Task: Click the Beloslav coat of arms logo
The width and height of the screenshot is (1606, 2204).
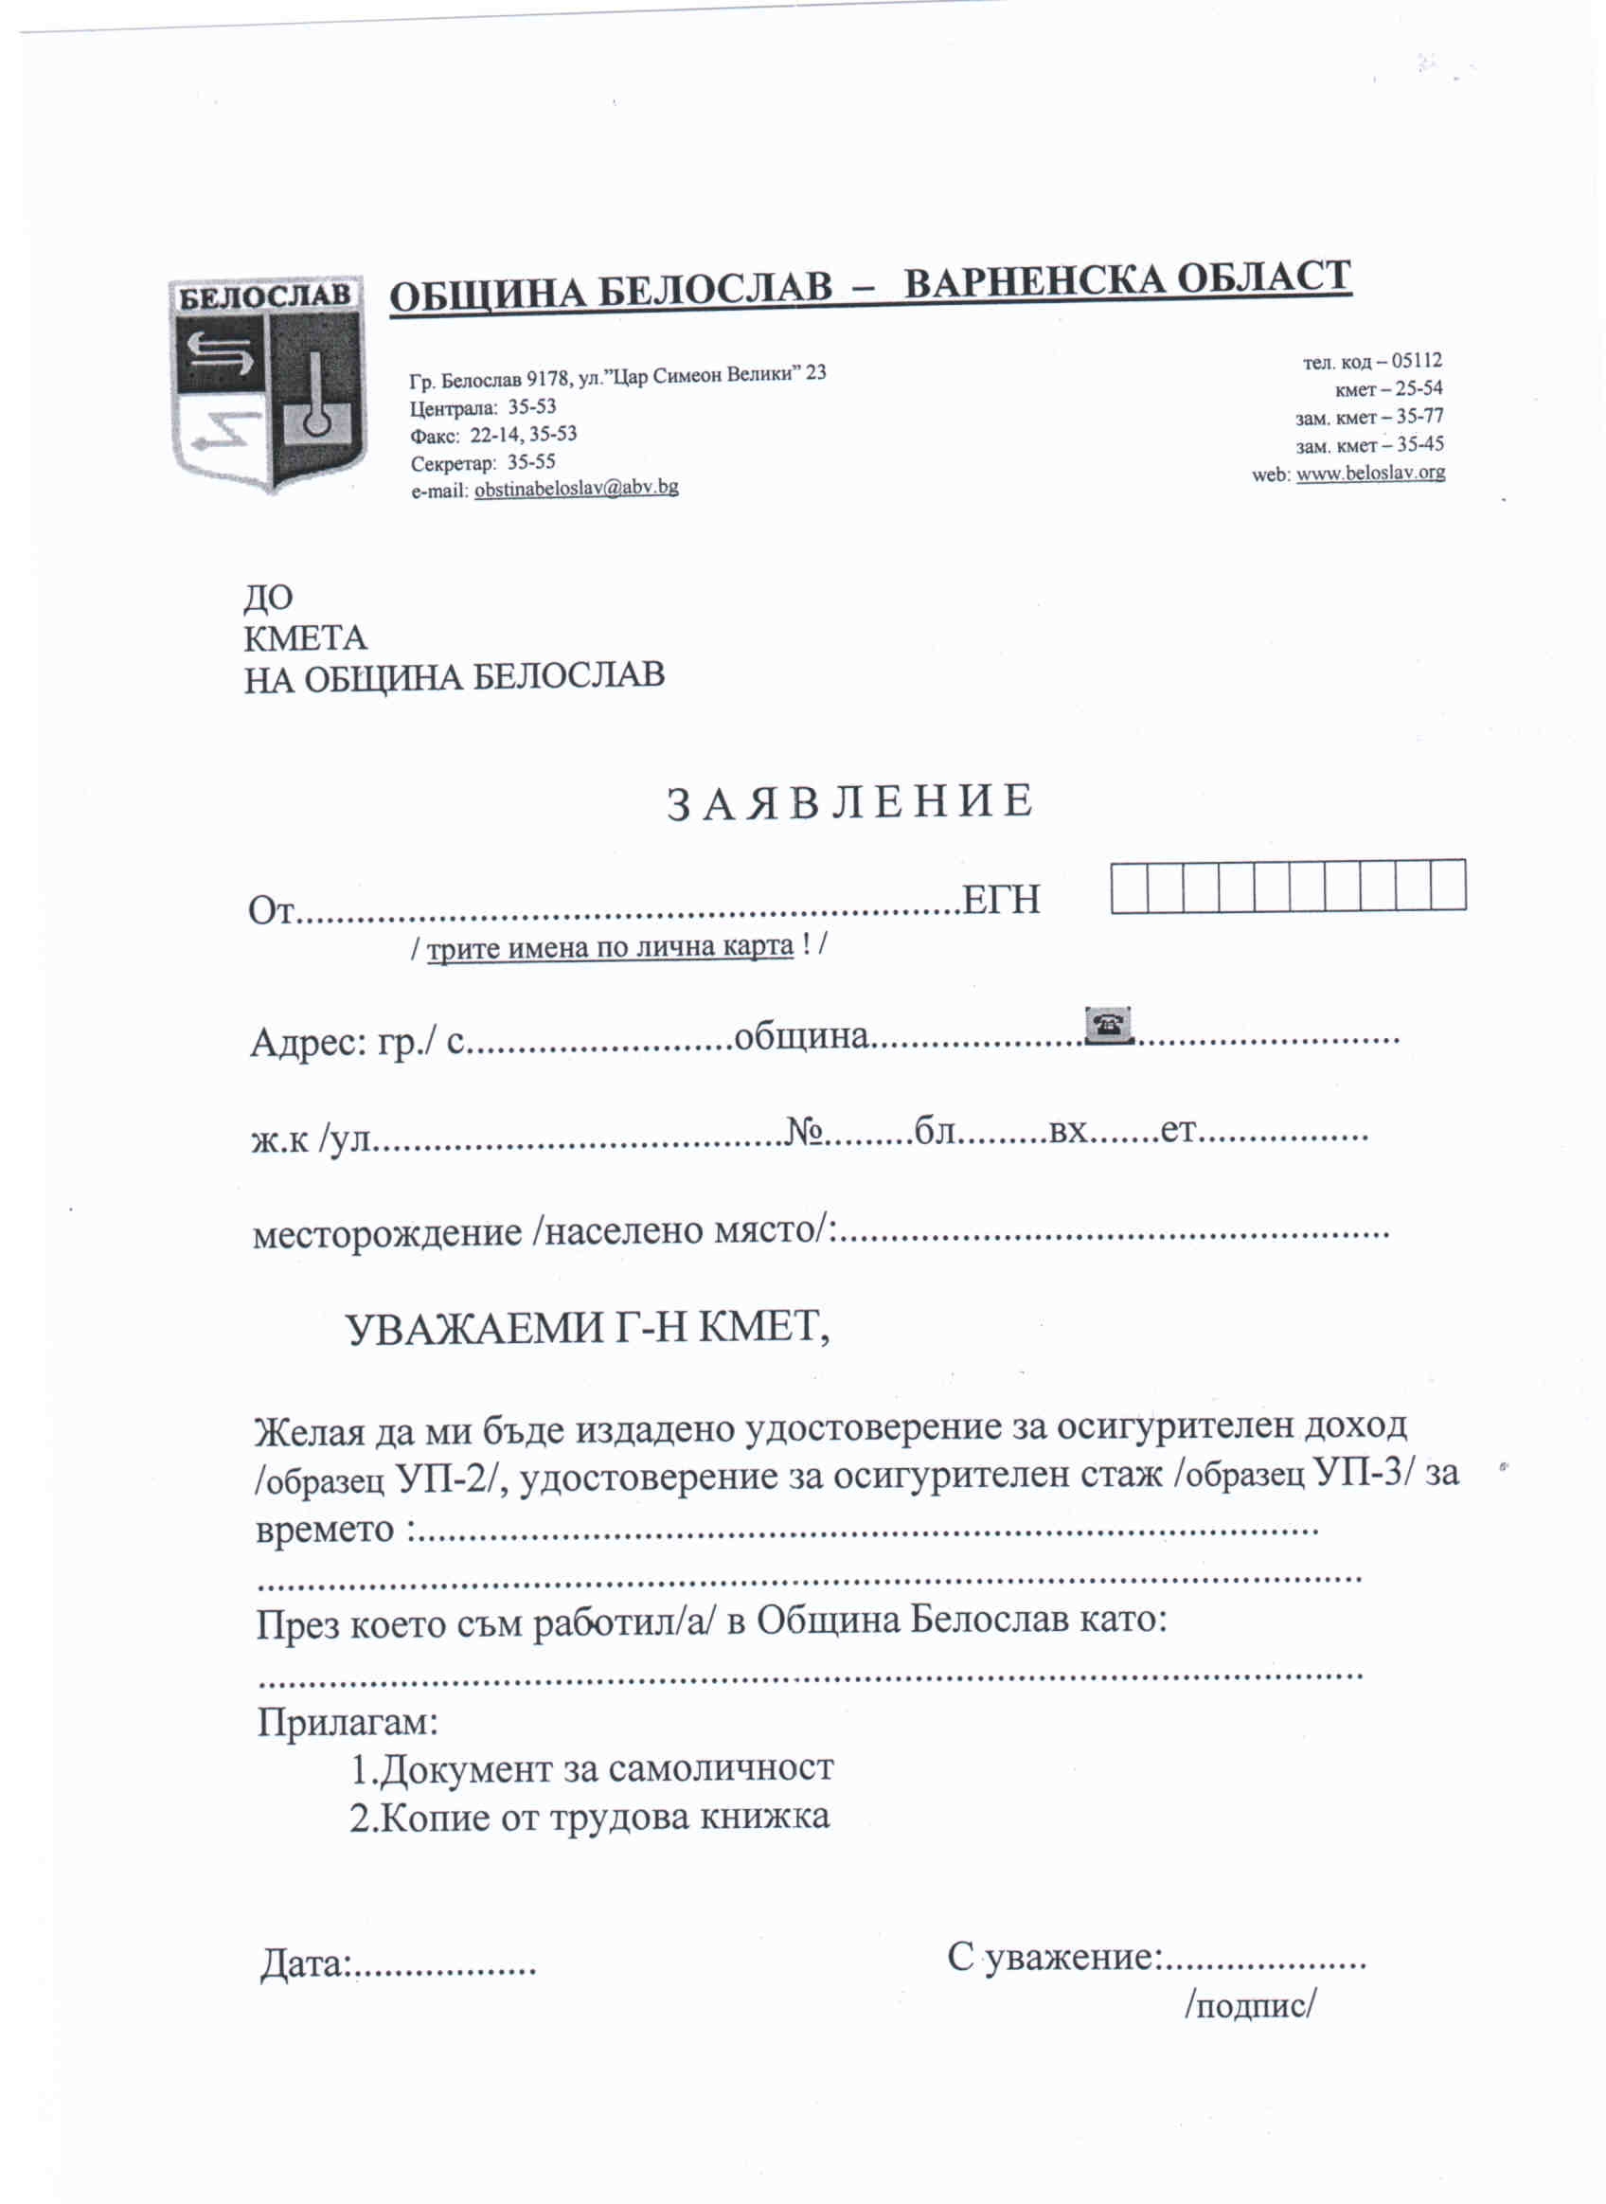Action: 267,383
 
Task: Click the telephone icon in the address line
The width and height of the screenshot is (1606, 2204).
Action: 1108,1025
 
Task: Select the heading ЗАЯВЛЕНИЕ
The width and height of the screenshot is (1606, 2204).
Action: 848,803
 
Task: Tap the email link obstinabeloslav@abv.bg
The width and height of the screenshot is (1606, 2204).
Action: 576,488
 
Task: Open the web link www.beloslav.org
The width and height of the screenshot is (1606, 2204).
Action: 1370,474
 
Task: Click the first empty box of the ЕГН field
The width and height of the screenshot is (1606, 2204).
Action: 1129,886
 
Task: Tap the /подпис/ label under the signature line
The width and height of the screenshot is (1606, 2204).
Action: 1250,2005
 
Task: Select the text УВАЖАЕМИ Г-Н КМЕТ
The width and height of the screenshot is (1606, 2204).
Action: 587,1328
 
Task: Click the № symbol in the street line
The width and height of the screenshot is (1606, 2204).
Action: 805,1131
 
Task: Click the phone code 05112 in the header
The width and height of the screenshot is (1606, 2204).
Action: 1417,361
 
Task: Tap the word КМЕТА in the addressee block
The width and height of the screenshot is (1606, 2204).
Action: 304,637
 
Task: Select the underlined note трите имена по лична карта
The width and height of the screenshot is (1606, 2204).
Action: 611,946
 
